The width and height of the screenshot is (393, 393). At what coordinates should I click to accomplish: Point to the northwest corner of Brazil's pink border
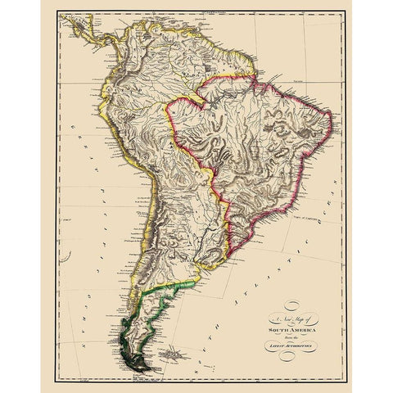[167, 102]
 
